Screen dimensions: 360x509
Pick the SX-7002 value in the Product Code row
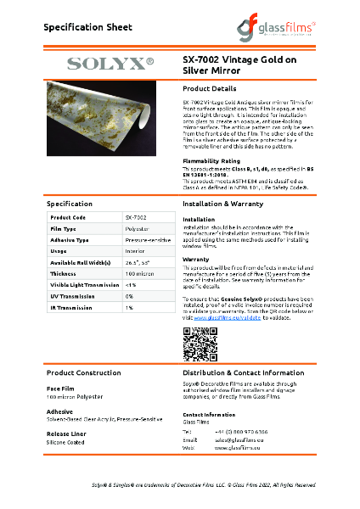point(136,218)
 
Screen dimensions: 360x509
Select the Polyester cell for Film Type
point(138,229)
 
